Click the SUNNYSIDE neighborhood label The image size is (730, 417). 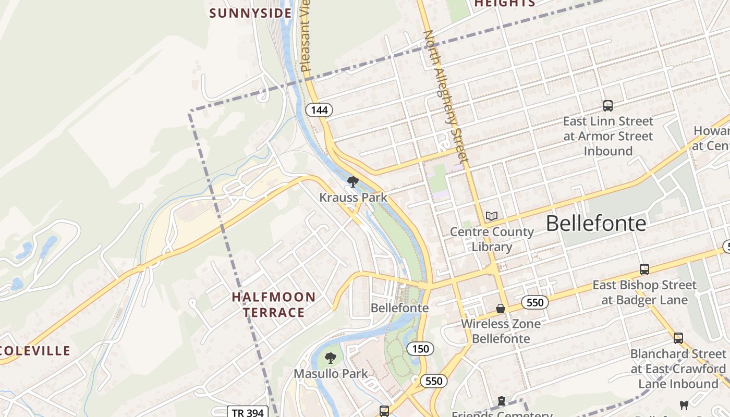250,13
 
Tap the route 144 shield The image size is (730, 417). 319,110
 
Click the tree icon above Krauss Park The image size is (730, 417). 353,182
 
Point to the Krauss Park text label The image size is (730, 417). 353,198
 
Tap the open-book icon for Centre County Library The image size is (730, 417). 491,216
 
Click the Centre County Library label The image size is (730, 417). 492,239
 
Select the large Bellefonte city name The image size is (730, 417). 595,224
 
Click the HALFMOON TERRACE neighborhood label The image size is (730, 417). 274,305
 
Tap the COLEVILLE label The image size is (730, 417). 35,351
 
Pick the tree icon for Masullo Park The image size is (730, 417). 330,358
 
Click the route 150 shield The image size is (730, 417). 420,349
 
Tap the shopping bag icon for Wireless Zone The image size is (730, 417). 501,309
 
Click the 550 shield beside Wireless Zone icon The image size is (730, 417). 535,302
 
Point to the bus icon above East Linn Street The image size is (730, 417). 607,106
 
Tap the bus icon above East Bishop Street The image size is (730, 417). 644,269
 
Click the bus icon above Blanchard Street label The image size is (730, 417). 678,338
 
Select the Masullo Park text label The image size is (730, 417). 331,374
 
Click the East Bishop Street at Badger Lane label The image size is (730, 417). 644,292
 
